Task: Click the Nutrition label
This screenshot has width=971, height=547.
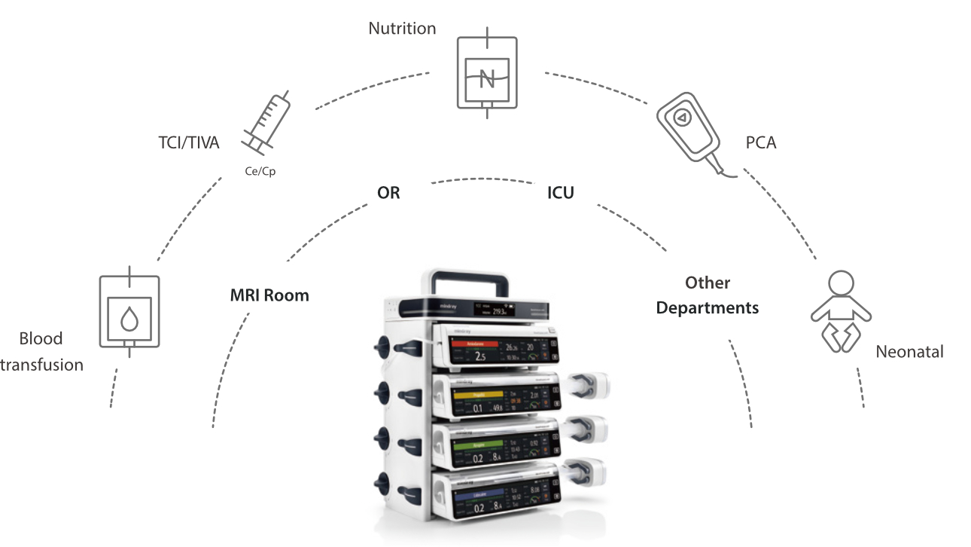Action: (x=402, y=29)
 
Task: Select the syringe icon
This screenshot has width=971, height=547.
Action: (x=266, y=121)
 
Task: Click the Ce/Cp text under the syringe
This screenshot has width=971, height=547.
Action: (x=260, y=171)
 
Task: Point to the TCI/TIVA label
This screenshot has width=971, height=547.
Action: (x=188, y=142)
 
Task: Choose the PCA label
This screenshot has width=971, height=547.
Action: (x=760, y=142)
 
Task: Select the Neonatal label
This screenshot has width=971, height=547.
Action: (x=909, y=352)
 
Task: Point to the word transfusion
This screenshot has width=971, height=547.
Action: (x=42, y=365)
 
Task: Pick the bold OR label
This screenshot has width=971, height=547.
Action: (x=388, y=193)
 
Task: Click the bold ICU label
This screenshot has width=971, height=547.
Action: (x=560, y=193)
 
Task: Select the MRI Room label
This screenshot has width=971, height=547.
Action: (x=269, y=295)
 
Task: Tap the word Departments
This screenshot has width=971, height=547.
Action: (x=708, y=308)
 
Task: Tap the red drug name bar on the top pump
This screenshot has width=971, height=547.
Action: (x=475, y=343)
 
